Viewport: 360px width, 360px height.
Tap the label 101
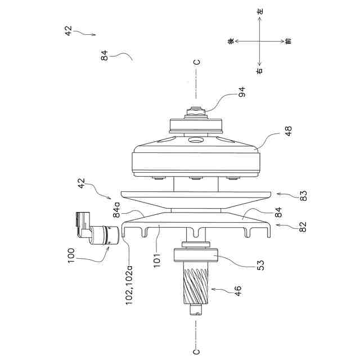[158, 258]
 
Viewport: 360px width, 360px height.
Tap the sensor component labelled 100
[96, 231]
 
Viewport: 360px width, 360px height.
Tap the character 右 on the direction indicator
[259, 71]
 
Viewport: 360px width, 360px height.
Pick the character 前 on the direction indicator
[288, 41]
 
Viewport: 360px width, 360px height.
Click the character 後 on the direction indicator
[230, 41]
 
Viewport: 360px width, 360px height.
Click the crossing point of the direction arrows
[259, 41]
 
